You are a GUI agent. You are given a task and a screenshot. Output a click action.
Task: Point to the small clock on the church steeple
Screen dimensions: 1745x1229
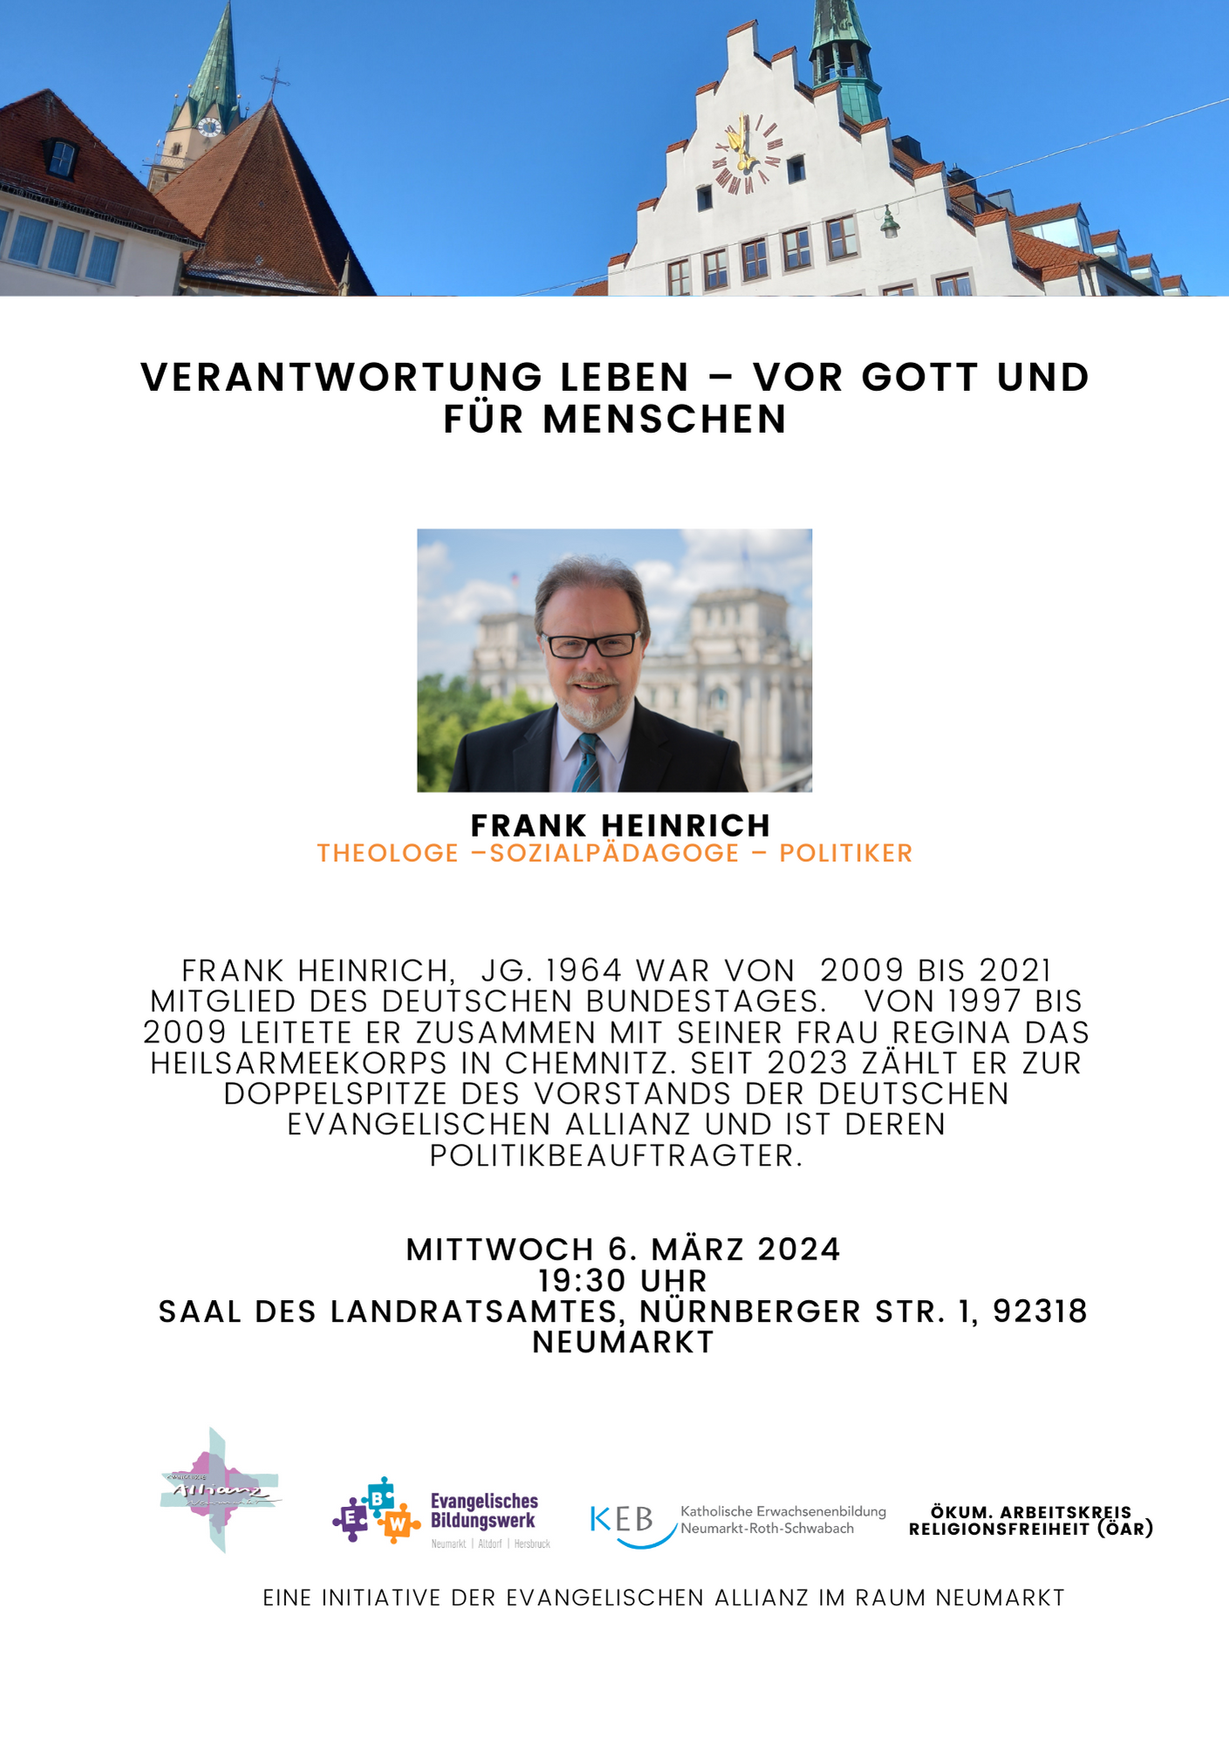point(209,127)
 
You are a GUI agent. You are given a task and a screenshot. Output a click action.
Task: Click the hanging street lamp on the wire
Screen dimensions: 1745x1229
point(889,223)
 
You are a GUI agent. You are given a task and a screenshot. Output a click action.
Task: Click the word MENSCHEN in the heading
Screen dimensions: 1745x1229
point(665,419)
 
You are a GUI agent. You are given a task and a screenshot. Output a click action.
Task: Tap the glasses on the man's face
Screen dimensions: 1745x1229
point(591,645)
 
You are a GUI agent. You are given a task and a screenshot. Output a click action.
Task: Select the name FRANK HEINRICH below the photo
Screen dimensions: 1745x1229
point(620,825)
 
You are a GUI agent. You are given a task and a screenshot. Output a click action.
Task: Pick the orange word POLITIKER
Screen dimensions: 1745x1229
point(845,852)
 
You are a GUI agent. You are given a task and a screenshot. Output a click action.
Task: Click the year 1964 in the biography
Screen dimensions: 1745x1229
point(584,970)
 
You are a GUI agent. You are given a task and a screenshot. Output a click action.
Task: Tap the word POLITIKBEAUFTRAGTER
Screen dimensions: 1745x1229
point(616,1155)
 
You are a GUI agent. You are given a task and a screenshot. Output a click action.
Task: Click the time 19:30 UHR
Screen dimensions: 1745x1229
point(622,1280)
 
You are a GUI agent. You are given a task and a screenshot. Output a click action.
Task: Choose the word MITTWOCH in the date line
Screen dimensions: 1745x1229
point(500,1249)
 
